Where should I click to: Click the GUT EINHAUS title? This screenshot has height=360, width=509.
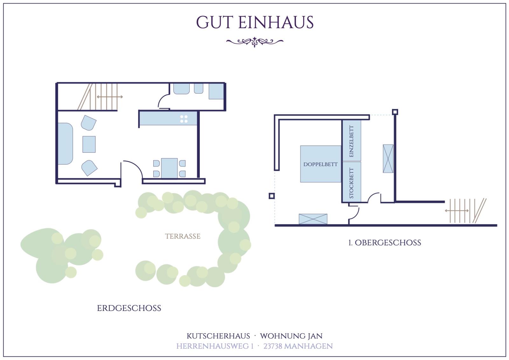(255, 22)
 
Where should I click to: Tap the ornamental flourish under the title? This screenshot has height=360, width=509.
(255, 42)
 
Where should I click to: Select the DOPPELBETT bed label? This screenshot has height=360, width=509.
(320, 164)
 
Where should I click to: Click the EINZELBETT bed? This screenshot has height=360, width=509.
(352, 141)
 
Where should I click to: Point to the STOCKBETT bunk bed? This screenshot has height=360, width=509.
(352, 182)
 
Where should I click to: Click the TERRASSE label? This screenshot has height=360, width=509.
(183, 236)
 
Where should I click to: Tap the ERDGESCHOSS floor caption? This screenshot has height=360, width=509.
(129, 308)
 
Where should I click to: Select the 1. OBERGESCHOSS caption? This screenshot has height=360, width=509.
(385, 243)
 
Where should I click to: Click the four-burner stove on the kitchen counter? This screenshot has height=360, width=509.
(184, 119)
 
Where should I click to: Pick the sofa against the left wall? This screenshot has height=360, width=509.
(65, 144)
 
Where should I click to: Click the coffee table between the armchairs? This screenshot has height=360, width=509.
(89, 145)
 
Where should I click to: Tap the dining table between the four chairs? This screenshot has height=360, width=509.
(169, 168)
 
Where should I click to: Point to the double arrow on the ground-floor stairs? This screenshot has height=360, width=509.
(110, 97)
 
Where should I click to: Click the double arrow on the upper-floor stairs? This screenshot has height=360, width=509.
(457, 211)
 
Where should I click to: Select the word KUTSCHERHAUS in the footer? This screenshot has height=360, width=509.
(218, 336)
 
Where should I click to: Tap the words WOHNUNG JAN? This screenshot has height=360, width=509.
(291, 336)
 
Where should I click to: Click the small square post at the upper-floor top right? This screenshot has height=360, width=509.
(395, 112)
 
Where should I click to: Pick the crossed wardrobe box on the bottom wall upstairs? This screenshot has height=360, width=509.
(313, 219)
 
